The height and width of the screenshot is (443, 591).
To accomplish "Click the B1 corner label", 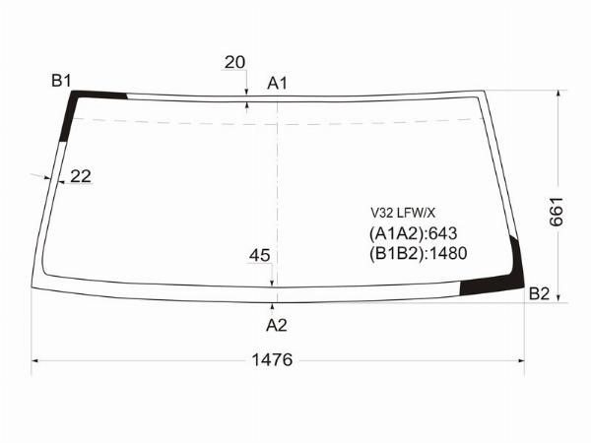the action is click(61, 81).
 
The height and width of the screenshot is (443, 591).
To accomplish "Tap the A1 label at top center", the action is click(277, 84).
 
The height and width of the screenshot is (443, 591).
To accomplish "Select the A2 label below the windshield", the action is click(276, 325).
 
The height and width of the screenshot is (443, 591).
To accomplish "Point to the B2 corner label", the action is click(539, 293).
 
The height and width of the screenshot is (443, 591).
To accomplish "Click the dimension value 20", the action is click(234, 62).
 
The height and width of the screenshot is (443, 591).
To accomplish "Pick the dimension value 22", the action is click(81, 176).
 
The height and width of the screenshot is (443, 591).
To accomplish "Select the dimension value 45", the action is click(260, 255).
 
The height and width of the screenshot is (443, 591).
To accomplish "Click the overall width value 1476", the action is click(272, 359).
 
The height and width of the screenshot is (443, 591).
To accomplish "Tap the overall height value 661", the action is click(557, 212).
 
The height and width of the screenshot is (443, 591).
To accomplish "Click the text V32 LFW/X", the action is click(403, 214).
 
